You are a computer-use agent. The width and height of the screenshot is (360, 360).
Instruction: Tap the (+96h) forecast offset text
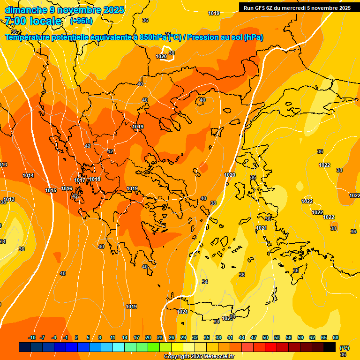click(81, 21)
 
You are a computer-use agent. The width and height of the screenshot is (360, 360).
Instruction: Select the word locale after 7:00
click(45, 21)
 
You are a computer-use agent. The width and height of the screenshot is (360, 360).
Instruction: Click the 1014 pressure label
click(28, 175)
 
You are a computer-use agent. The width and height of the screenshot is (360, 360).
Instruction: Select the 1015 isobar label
click(51, 190)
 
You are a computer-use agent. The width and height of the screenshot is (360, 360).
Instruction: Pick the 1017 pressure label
click(80, 180)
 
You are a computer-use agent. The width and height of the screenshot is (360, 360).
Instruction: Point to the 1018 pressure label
click(95, 179)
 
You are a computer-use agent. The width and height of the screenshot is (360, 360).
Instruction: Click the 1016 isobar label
click(67, 188)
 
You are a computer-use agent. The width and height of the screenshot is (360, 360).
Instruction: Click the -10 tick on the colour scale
click(32, 337)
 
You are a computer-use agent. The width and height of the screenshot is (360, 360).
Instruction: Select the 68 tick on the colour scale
click(336, 337)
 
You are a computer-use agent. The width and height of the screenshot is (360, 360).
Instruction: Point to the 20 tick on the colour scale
click(148, 337)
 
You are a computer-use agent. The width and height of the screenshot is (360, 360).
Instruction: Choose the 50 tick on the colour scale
click(265, 337)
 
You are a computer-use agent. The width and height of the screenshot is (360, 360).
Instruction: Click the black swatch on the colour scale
click(330, 347)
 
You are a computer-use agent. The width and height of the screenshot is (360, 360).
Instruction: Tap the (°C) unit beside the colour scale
click(344, 348)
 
